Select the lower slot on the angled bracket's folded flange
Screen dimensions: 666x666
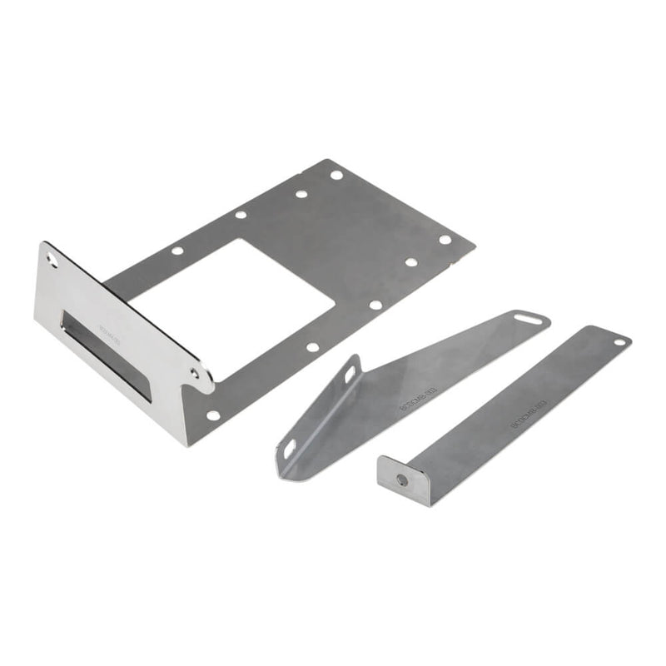point(289,450)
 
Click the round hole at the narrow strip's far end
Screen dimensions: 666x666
point(619,341)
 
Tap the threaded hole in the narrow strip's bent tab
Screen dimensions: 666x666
point(401,480)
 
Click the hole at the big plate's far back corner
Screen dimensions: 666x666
point(335,176)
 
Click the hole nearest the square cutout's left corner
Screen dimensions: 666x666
point(177,251)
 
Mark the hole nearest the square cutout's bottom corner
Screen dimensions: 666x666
point(313,346)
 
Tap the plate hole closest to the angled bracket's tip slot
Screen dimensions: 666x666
point(375,305)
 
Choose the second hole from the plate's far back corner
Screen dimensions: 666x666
point(301,194)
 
